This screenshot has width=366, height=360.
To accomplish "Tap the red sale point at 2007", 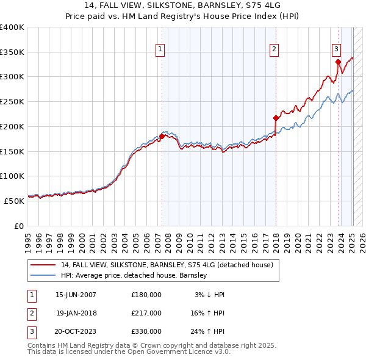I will (162, 136).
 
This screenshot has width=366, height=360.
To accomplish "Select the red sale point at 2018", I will (276, 118).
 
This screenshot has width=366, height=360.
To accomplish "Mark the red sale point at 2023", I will (338, 62).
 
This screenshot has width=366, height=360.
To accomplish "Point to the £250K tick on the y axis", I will (12, 102).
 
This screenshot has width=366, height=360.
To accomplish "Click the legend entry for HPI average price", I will (134, 275).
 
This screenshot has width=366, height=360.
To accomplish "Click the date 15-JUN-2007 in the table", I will (76, 295).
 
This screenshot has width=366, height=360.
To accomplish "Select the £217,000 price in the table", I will (146, 313).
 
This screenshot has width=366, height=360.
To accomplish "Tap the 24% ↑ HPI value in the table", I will (207, 331).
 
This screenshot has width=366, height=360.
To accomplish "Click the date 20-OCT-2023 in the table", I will (76, 331).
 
